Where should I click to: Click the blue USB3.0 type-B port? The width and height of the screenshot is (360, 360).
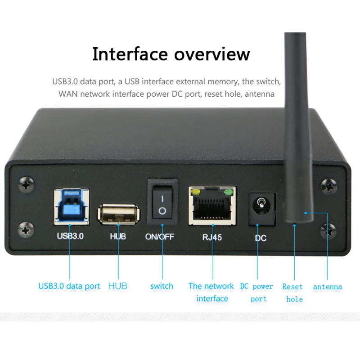pos(70,206)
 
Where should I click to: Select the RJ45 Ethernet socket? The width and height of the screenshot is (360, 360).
pos(211,206)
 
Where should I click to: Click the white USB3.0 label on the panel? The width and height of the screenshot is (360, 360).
pos(70,235)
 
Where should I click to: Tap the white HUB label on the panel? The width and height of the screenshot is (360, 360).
pos(118,236)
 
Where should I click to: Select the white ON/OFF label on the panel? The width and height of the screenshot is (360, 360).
pos(159,236)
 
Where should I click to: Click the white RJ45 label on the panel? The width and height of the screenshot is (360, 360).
pos(211,237)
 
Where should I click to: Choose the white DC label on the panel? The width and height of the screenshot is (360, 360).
pos(261,238)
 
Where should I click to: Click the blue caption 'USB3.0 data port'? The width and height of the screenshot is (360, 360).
pos(69,286)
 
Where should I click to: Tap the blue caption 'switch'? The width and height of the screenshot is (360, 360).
pos(162,286)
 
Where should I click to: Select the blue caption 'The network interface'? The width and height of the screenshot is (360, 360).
pos(211,292)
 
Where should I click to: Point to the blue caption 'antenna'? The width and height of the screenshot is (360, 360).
pos(328,287)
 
